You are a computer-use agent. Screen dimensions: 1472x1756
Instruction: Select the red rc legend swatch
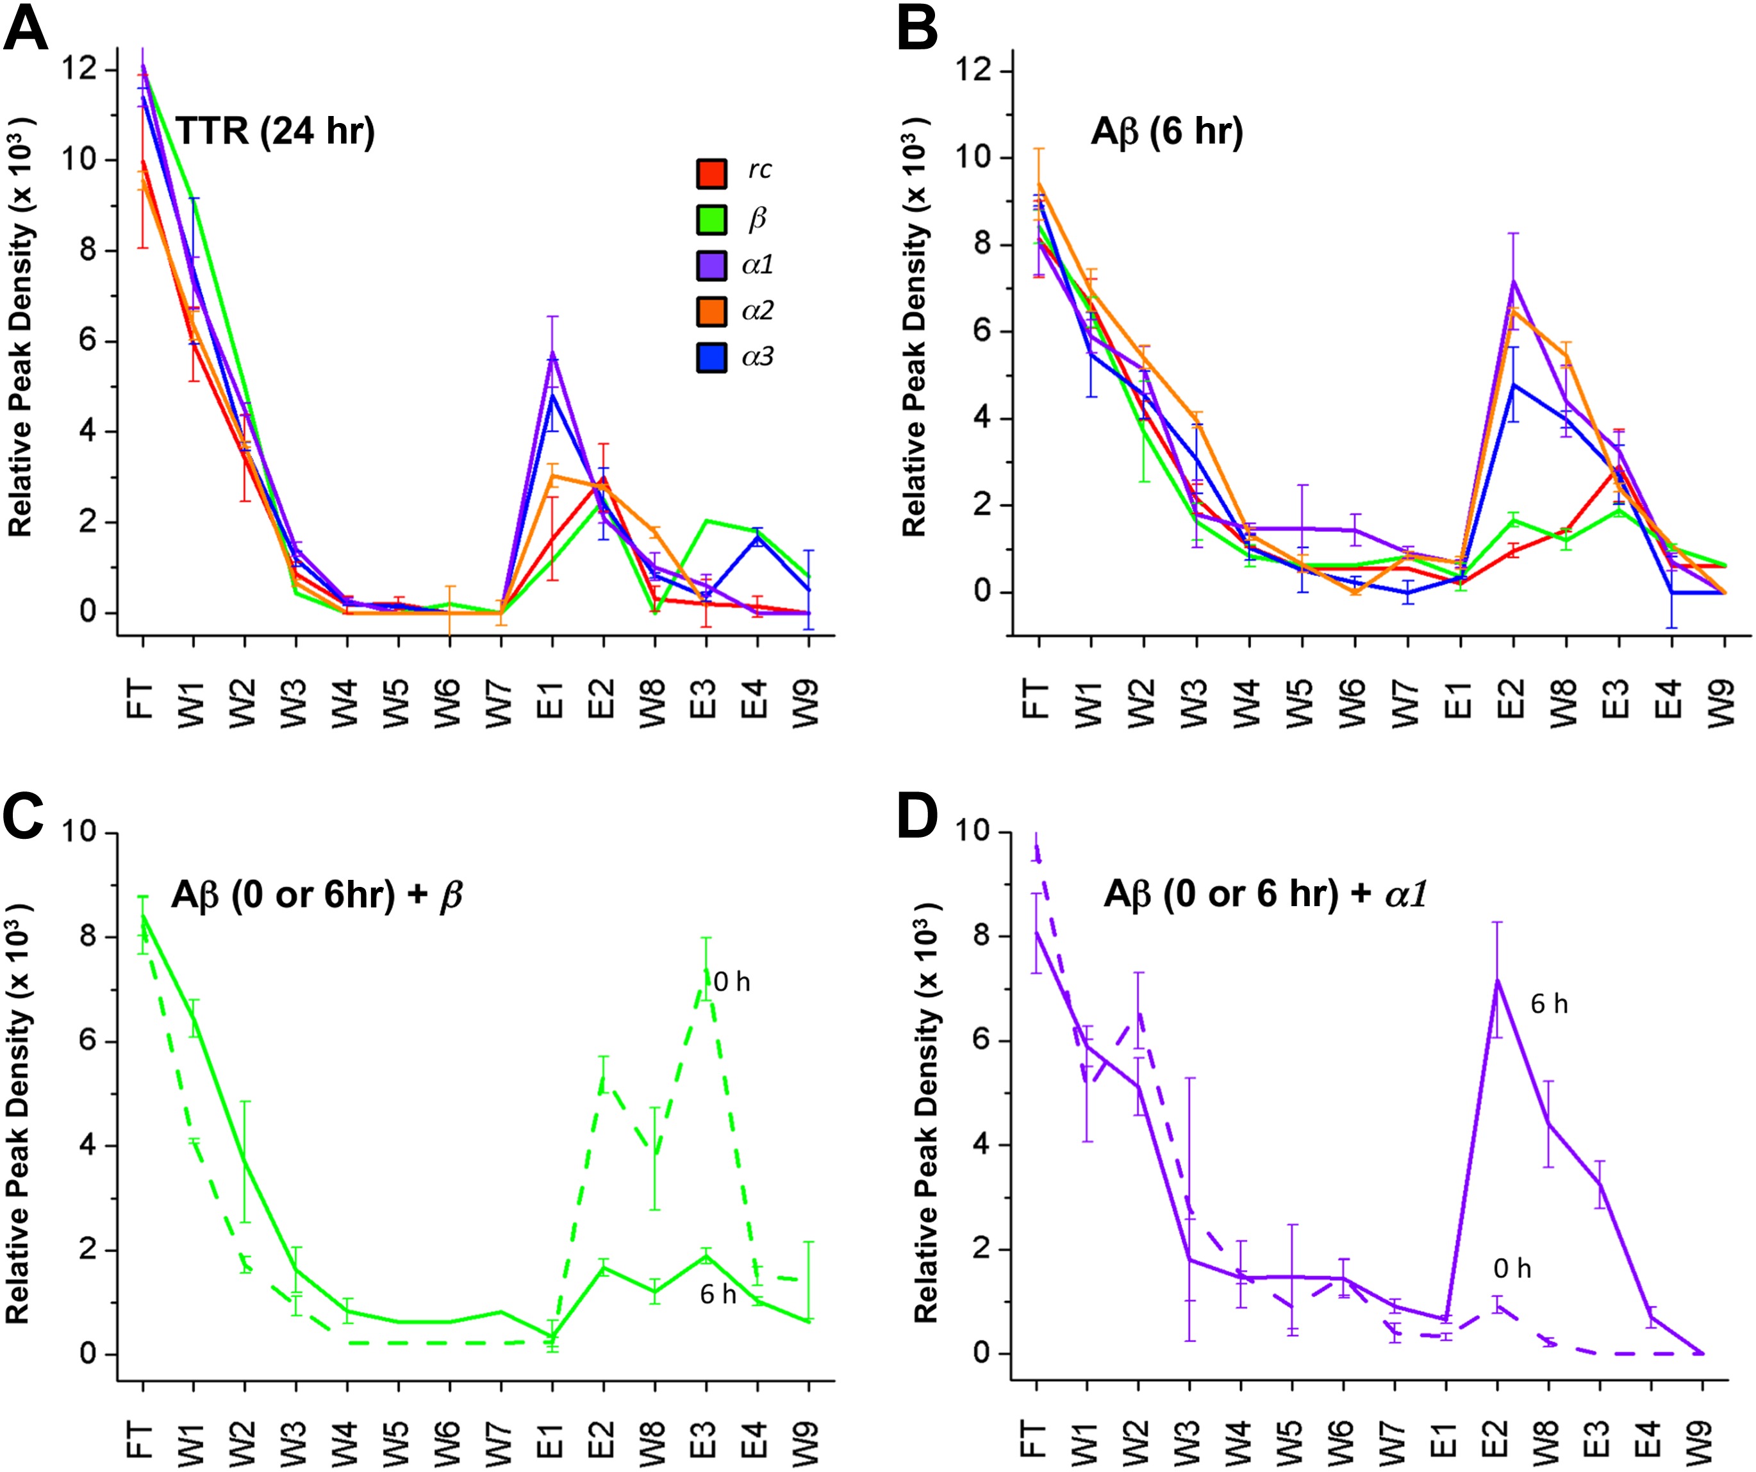[x=711, y=173]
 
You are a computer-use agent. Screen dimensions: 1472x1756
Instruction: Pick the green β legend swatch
[x=711, y=220]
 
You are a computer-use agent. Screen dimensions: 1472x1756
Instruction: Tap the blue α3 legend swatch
[x=711, y=358]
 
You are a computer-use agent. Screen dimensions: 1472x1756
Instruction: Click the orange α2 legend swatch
[x=711, y=312]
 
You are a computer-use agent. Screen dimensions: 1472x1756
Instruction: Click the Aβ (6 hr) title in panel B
[x=1166, y=131]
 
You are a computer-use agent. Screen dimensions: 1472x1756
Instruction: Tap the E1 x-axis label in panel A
[x=552, y=701]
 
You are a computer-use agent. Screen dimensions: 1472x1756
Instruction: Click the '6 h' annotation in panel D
[x=1548, y=1004]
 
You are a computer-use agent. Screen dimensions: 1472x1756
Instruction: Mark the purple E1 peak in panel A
[x=552, y=354]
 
